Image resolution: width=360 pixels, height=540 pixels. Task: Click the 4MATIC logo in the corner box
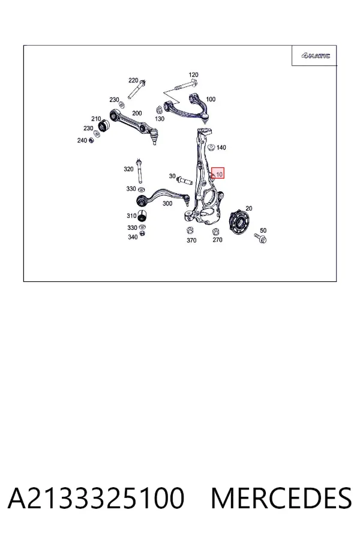[316, 56]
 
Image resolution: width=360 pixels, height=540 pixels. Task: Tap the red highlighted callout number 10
[219, 175]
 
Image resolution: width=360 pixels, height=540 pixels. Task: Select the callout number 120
[193, 75]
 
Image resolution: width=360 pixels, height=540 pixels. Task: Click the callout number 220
[133, 80]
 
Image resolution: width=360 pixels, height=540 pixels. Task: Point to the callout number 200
[137, 113]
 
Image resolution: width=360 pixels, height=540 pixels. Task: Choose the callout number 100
[211, 99]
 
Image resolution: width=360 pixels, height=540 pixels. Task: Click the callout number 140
[221, 148]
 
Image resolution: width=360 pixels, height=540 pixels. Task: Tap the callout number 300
[167, 203]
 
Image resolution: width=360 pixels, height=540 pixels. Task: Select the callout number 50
[263, 230]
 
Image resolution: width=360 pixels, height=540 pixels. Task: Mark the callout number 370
[191, 241]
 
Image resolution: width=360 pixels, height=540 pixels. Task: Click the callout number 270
[217, 239]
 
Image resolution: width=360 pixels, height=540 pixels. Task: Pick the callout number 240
[82, 140]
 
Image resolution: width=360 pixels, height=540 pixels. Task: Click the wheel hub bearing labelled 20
[239, 223]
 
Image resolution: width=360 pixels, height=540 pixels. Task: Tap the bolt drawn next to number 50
[260, 238]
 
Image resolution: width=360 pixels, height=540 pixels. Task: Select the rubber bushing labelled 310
[143, 215]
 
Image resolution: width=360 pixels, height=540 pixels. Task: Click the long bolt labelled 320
[140, 171]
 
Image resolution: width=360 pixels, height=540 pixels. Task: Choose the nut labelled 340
[142, 233]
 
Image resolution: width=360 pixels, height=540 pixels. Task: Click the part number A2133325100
[96, 498]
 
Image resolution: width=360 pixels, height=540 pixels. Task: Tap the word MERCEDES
[281, 498]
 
